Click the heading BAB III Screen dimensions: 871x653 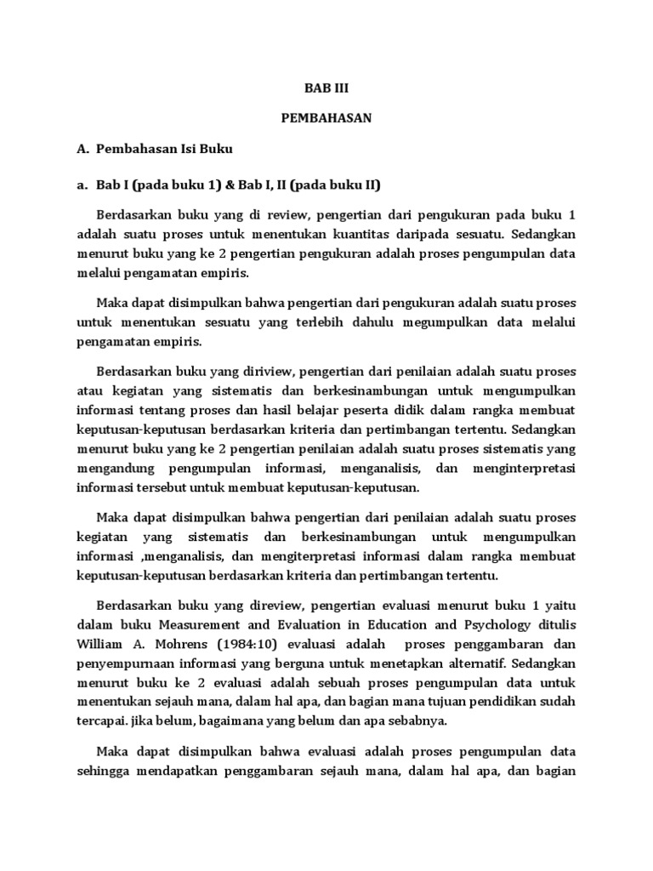[x=326, y=88]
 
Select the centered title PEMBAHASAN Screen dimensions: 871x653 [x=326, y=118]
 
